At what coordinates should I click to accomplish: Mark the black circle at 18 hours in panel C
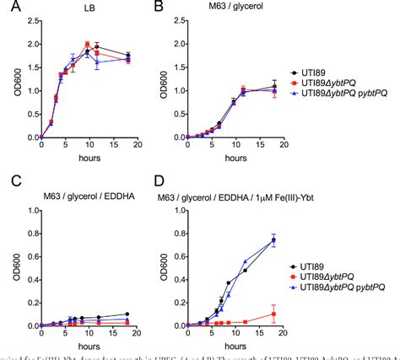point(127,314)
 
